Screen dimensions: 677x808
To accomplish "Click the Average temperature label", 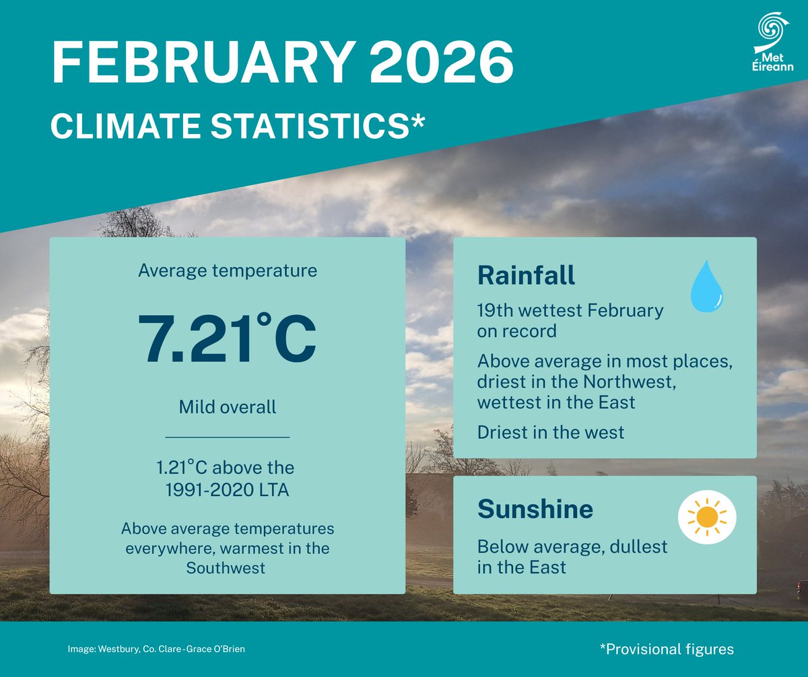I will [228, 271].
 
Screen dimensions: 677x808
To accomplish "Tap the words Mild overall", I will [228, 407].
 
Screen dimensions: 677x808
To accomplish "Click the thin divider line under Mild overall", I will [228, 437].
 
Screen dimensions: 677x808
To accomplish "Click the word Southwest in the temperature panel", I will [226, 567].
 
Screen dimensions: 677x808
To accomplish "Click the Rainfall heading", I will [527, 275].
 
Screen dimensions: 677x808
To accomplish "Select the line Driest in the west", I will [551, 431].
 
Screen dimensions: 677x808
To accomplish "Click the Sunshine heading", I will [535, 509].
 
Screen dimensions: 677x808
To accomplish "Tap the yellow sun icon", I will [707, 517].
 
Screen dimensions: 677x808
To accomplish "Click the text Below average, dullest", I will [572, 546].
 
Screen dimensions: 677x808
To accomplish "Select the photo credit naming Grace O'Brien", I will [161, 649].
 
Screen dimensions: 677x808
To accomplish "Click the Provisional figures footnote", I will [666, 649].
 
